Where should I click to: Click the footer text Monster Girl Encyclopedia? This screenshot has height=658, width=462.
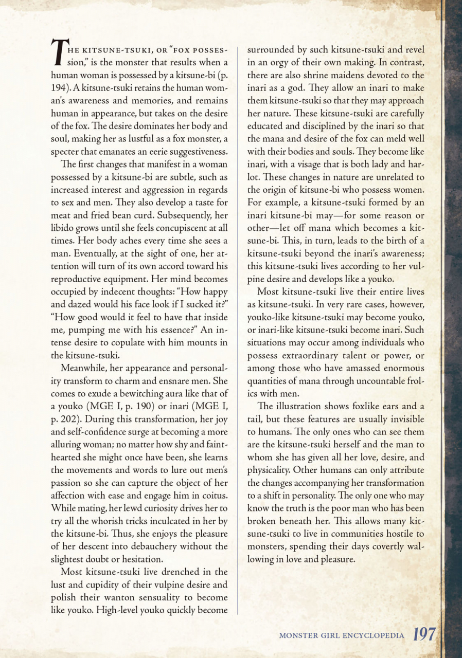coord(342,635)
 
